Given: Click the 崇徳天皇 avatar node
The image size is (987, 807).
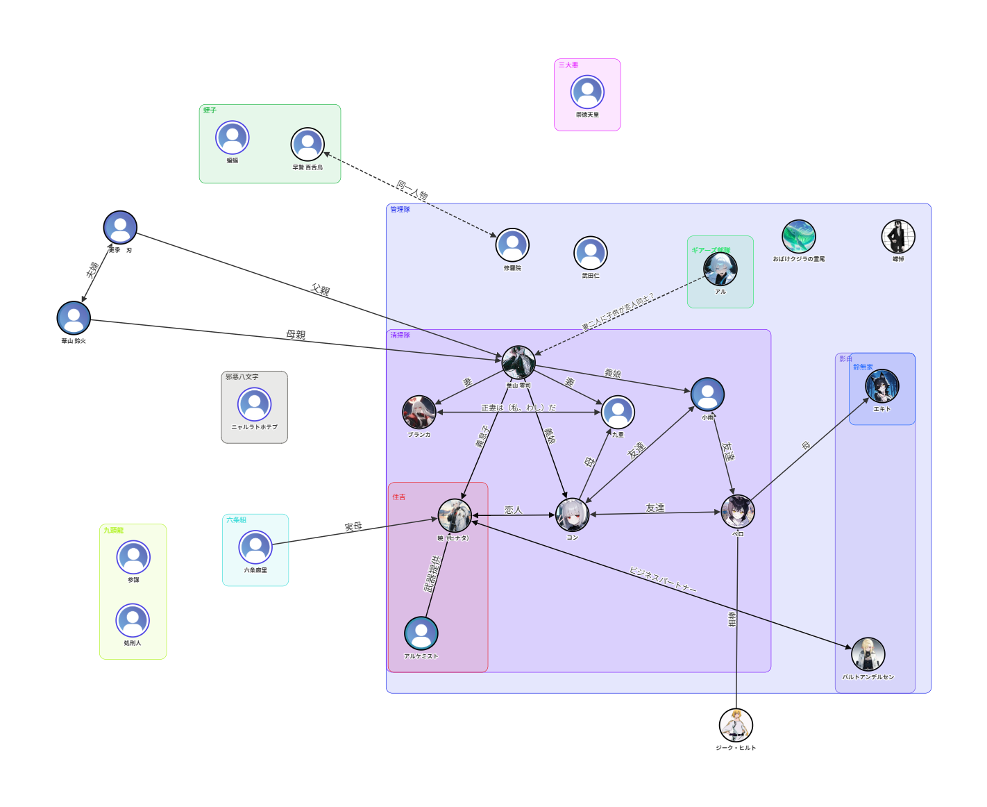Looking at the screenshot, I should [x=587, y=92].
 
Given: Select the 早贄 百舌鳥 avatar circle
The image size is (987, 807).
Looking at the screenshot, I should [x=307, y=144].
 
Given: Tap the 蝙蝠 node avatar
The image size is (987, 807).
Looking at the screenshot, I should [x=233, y=138].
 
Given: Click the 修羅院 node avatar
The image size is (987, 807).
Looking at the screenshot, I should [x=512, y=245].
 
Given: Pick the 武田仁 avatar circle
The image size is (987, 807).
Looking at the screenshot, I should [x=591, y=253].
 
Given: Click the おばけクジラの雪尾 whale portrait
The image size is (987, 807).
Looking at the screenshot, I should [x=798, y=237].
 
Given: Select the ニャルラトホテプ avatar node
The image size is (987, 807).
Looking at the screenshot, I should [x=255, y=404].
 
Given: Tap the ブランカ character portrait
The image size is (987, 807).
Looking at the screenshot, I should [x=419, y=413].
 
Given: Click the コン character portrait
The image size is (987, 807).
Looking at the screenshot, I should [x=573, y=515].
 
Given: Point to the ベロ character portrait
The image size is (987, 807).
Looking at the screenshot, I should [x=737, y=512].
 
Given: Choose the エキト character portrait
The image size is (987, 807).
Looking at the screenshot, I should [x=881, y=386].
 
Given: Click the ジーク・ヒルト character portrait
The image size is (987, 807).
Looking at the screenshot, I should [x=736, y=725].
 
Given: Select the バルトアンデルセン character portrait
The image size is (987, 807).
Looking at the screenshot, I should [x=868, y=654].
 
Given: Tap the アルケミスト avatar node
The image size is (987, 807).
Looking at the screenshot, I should [x=421, y=633].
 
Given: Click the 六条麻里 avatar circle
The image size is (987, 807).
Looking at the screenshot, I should [x=255, y=547].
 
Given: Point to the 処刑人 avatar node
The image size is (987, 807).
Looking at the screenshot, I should [x=133, y=620].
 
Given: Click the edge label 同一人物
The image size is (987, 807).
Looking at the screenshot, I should [x=412, y=190].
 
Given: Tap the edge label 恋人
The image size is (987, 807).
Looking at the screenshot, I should [x=514, y=510].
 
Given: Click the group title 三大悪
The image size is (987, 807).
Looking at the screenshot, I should [x=568, y=65].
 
